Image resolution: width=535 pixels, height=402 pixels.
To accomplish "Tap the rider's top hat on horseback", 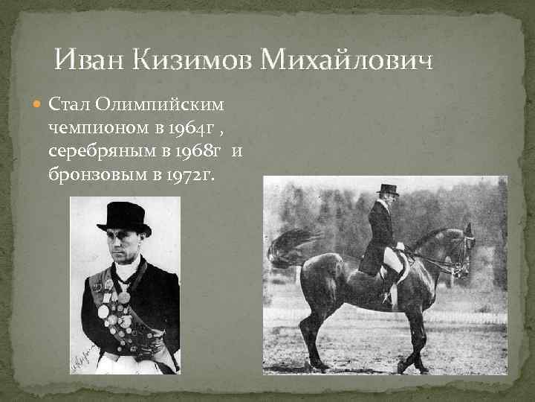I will [386, 189].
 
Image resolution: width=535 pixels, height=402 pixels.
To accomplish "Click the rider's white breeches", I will [393, 261].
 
